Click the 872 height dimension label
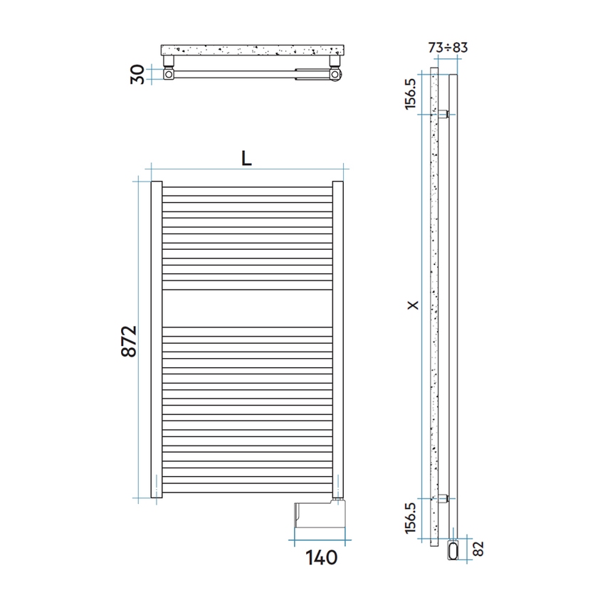click(128, 342)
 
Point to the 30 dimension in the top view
click(140, 73)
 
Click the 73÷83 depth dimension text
click(448, 48)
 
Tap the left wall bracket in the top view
click(169, 73)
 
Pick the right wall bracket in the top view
click(335, 73)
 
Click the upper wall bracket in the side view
click(443, 114)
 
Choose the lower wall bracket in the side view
click(443, 498)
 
